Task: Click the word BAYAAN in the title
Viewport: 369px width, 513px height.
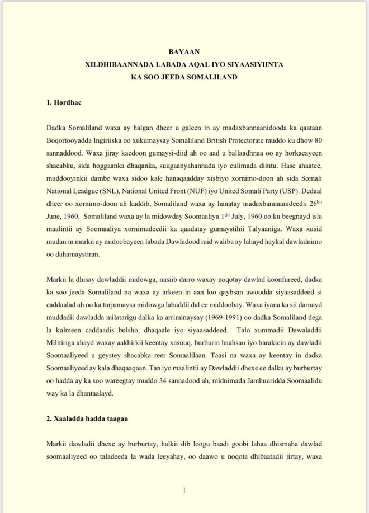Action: click(x=184, y=51)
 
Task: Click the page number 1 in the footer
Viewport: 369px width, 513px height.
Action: click(x=184, y=491)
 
